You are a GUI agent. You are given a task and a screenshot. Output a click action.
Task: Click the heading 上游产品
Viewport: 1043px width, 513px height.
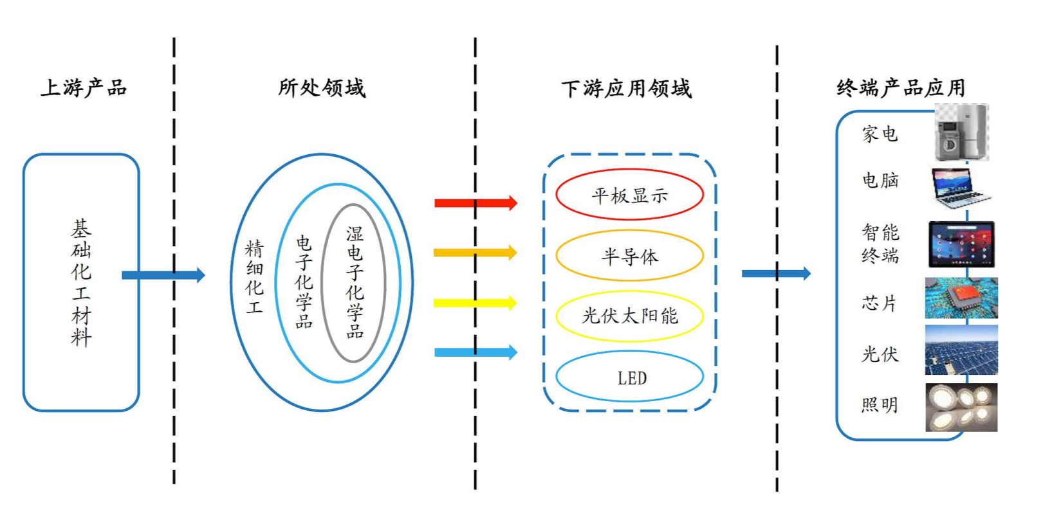coord(84,87)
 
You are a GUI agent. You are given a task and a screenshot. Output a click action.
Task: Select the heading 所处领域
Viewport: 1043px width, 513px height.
coord(321,87)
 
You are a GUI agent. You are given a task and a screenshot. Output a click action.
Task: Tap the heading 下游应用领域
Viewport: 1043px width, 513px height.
coord(626,88)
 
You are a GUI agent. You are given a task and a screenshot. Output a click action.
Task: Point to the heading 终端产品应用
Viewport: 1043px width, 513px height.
coord(901,87)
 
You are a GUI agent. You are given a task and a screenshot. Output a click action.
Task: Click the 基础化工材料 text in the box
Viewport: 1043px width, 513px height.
coord(82,283)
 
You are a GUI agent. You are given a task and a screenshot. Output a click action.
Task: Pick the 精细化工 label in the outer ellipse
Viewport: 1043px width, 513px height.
coord(254,277)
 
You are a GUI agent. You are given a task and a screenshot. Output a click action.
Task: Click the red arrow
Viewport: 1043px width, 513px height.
coord(475,203)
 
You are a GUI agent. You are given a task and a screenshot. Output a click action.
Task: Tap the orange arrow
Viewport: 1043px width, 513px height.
coord(475,252)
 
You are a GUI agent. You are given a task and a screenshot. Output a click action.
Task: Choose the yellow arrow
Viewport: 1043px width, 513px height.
coord(475,302)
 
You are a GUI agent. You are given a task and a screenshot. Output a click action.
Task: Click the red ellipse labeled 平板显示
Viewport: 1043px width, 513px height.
coord(629,195)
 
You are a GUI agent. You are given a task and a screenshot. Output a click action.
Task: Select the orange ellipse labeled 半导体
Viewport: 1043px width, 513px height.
coord(629,256)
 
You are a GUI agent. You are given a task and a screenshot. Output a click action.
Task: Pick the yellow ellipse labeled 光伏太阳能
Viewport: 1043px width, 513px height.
coord(629,315)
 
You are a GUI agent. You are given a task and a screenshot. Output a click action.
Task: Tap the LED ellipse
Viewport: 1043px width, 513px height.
coord(629,377)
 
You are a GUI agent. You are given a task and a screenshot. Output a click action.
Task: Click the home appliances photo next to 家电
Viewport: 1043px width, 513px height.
coord(961,133)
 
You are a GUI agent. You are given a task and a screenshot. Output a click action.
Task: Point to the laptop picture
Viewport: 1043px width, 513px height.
coord(959,187)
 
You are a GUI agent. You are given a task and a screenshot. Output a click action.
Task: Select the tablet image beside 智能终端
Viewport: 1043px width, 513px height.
coord(962,244)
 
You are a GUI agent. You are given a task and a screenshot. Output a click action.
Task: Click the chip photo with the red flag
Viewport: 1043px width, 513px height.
coord(961,297)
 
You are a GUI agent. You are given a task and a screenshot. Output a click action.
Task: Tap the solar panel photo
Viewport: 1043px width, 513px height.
coord(961,350)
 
